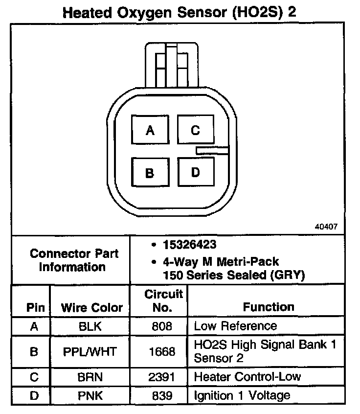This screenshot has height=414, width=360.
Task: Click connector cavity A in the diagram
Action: (x=150, y=131)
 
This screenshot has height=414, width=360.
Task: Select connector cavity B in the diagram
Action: (x=150, y=173)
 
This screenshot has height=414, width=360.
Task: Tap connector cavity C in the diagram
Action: (x=195, y=130)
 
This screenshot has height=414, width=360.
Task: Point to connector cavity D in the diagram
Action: (x=195, y=173)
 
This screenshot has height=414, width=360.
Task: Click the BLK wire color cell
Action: (x=91, y=326)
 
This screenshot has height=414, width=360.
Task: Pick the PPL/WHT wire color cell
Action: (x=91, y=351)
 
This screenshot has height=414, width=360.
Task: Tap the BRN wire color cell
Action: (x=91, y=376)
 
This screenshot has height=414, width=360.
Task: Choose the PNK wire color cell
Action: (x=91, y=395)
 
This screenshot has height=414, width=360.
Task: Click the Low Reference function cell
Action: (x=235, y=326)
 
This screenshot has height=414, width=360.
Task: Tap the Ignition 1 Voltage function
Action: (x=242, y=395)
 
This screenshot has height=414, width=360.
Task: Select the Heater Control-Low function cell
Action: (x=247, y=376)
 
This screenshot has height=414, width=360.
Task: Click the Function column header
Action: (x=269, y=307)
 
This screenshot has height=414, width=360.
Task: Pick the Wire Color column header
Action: (x=91, y=307)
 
